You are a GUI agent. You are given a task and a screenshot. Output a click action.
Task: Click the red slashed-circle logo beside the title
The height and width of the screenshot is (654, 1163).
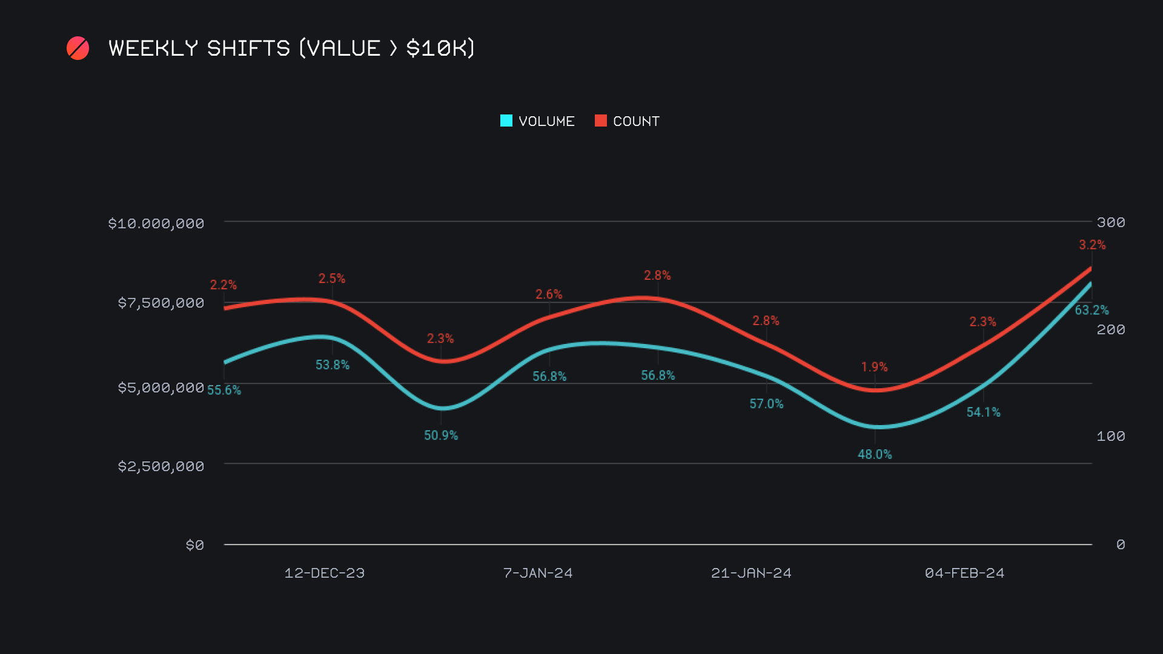coord(78,48)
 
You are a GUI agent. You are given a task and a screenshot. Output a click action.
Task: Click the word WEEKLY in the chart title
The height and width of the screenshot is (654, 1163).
coord(153,48)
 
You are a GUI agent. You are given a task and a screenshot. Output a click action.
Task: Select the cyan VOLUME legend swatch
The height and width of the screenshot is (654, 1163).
coord(506,121)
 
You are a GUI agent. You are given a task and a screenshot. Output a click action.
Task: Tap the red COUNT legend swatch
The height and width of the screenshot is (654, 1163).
coord(601,121)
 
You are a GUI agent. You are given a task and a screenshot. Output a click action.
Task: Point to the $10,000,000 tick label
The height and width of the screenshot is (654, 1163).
coord(156,223)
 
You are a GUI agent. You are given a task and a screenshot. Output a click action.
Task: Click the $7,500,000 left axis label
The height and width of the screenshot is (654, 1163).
coord(161,303)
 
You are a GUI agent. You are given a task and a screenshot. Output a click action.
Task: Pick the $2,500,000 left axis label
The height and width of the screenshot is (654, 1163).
coord(161,466)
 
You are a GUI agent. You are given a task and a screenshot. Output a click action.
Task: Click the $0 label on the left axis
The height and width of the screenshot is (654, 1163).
coord(194,545)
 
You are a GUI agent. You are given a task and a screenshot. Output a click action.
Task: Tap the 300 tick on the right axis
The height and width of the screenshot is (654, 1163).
coord(1111,222)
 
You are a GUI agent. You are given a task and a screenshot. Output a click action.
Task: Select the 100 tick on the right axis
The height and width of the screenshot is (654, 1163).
coord(1111,436)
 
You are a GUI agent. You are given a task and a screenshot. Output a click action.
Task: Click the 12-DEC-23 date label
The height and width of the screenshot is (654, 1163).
coord(325,573)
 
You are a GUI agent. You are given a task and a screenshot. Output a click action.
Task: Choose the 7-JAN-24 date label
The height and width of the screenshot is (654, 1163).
coord(538,573)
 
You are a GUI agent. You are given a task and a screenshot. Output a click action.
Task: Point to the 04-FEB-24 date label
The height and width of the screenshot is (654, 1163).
coord(964,573)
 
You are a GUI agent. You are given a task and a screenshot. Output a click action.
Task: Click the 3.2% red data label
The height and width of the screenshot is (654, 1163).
coord(1092,245)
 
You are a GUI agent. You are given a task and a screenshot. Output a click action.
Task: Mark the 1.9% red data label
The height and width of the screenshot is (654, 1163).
coord(874,367)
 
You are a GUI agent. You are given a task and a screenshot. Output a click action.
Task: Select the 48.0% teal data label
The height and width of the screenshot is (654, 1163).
coord(875,454)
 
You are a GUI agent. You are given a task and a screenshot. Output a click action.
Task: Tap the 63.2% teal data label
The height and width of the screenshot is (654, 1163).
coord(1092,310)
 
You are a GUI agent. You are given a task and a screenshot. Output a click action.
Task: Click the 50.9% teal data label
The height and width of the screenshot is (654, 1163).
coord(441,435)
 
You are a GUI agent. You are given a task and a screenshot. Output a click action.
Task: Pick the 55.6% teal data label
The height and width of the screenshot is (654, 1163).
coord(224,390)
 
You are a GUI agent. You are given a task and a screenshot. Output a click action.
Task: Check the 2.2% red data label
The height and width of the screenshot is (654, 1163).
coord(223,285)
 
